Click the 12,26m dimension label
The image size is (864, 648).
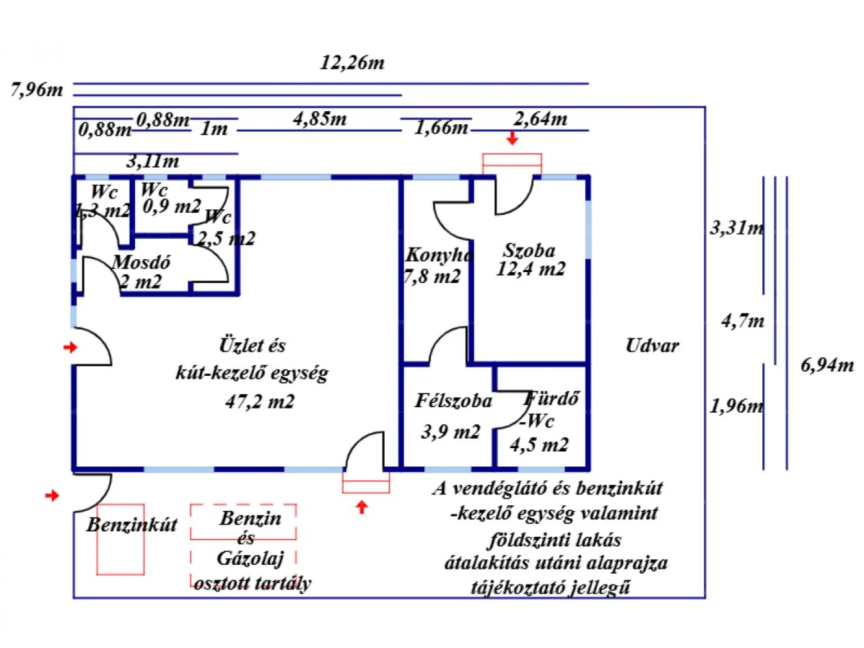tap(352, 63)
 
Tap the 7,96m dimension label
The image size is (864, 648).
tap(37, 90)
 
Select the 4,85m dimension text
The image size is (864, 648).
tap(320, 119)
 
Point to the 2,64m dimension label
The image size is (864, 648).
tap(540, 119)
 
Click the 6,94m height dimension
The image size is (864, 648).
tap(827, 365)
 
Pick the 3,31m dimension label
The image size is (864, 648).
tap(737, 228)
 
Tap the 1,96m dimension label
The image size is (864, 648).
tap(737, 406)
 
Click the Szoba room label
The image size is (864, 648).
tap(529, 250)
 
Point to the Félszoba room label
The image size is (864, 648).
tap(454, 400)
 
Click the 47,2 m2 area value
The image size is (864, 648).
tap(260, 401)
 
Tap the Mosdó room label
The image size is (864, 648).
tap(141, 262)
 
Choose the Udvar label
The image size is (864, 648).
tap(652, 346)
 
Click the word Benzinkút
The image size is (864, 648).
tap(132, 525)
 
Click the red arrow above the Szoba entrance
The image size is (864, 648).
tap(512, 138)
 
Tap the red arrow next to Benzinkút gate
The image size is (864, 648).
tap(52, 495)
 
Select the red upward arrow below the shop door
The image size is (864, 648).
tap(362, 507)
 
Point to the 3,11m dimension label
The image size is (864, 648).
tap(153, 161)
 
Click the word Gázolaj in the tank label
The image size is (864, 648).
tap(250, 558)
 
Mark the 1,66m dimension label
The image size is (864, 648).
tap(441, 128)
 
